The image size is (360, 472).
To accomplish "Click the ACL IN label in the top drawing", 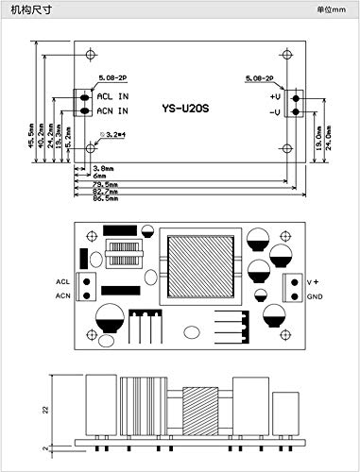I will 113,96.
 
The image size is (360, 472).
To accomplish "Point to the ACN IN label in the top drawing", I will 113,111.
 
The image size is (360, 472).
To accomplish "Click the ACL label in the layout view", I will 62,281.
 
